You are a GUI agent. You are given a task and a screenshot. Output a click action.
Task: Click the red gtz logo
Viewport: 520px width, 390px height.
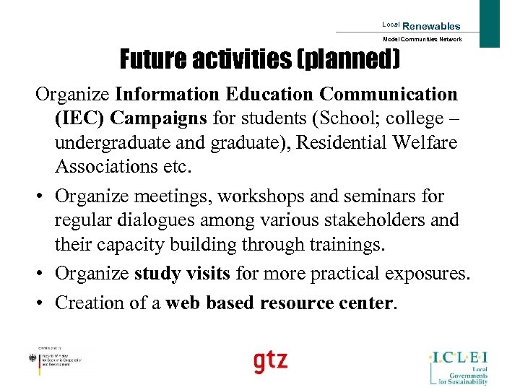[x=269, y=360]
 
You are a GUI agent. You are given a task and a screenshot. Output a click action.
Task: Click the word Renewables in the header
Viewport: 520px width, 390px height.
[x=431, y=26]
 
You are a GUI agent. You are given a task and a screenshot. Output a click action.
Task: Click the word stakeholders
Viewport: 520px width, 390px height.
[x=349, y=220]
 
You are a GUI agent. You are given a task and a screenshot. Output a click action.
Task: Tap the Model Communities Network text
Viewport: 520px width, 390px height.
[x=422, y=40]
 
